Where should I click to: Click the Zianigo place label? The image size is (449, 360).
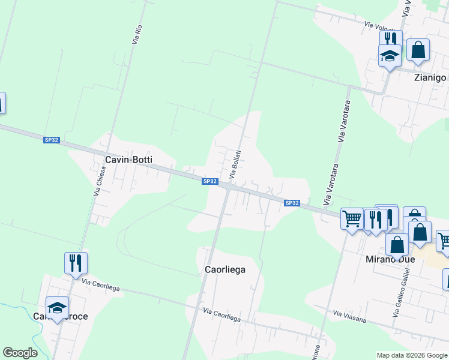pos(430,78)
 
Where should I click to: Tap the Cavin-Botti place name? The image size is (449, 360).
pos(128,160)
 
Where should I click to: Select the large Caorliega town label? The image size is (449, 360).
pos(221,269)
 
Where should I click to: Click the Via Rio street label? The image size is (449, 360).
pos(137,34)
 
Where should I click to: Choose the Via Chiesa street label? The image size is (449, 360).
pos(100,181)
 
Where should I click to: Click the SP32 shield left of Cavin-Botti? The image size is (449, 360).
pos(52,140)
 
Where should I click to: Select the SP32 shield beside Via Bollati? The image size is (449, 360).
pos(209,181)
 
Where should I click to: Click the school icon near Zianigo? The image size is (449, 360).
pos(390,56)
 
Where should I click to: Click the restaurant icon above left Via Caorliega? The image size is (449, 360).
pos(76,262)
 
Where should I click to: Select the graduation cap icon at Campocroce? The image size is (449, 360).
pos(58,307)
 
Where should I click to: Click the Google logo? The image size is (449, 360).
pos(20,353)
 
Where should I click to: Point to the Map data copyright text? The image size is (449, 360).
pos(412,355)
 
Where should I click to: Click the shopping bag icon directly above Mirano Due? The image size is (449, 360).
pos(397,244)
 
